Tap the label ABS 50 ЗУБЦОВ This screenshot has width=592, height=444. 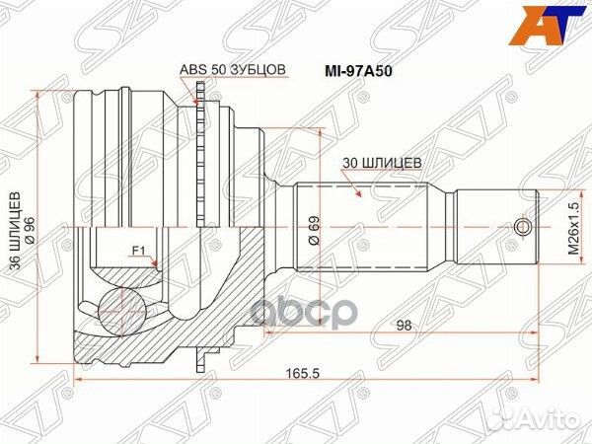[x=233, y=70]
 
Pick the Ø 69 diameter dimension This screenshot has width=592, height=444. [x=312, y=228]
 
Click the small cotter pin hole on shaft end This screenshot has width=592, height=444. [x=523, y=228]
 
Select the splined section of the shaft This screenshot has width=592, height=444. [x=365, y=228]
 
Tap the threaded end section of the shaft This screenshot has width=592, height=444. [x=493, y=228]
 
